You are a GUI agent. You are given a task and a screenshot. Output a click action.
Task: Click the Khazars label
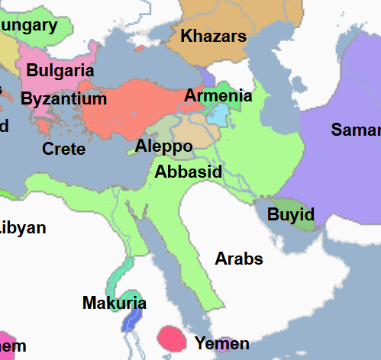click(213, 36)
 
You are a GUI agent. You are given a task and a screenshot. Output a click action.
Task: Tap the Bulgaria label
click(60, 71)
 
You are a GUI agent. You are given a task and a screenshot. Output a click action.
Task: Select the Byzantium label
click(63, 99)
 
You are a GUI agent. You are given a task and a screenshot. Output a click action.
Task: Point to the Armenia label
click(218, 96)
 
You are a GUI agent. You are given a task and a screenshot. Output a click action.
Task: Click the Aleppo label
click(163, 146)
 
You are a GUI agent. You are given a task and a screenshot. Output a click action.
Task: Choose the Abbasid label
click(188, 172)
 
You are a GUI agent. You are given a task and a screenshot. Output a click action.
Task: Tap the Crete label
click(63, 149)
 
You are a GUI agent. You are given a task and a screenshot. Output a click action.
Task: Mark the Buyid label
click(290, 214)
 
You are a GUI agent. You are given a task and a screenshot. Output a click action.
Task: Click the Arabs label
click(238, 259)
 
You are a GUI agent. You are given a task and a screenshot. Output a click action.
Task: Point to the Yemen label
click(221, 343)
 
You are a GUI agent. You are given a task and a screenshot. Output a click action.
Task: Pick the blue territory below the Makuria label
click(131, 318)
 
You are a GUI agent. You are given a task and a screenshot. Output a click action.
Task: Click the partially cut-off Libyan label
click(23, 227)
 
